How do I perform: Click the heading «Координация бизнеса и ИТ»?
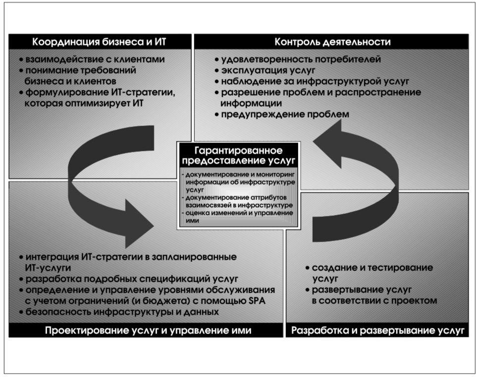click(99, 42)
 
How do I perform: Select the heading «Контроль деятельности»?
click(332, 42)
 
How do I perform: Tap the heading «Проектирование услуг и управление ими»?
click(148, 330)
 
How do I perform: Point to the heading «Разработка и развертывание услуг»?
click(377, 330)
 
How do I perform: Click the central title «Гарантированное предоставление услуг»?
click(238, 155)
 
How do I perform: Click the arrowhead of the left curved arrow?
click(139, 224)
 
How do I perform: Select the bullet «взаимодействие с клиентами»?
click(92, 59)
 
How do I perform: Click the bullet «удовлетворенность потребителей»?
click(298, 59)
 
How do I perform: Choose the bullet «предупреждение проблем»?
click(282, 114)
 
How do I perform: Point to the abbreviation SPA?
click(257, 301)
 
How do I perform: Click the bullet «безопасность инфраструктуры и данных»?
click(119, 312)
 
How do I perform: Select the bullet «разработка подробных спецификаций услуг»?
click(128, 279)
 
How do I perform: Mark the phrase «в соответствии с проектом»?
click(374, 301)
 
